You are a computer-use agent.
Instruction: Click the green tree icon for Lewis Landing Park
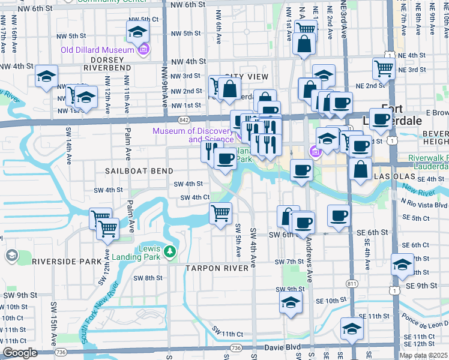(x=170, y=250)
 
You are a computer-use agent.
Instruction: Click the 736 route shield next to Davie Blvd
(x=236, y=348)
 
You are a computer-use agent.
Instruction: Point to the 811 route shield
(x=352, y=283)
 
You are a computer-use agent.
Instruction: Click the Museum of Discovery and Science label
(x=192, y=136)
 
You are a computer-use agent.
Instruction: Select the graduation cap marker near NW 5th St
(x=137, y=32)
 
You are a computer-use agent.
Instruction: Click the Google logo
(x=20, y=353)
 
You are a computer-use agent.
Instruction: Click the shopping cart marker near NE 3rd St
(x=384, y=68)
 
